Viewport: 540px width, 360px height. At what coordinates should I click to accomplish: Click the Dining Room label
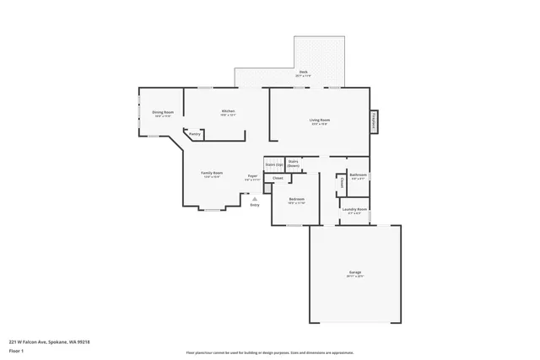coord(163,112)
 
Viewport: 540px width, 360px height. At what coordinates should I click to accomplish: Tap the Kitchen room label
coord(228,111)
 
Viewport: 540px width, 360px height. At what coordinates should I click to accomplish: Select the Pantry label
coord(194,133)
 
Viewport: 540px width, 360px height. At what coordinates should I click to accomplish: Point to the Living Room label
coord(319,121)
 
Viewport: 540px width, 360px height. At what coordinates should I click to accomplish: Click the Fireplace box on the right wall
coord(374,122)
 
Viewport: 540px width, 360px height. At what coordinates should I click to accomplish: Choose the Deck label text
coord(303,73)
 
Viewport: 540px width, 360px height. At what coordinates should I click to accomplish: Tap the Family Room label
coord(211,173)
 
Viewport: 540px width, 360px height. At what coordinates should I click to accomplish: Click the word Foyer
coord(252,176)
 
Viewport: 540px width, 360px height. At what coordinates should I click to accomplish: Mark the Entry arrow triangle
coord(255,199)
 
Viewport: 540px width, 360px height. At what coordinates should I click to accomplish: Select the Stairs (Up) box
coord(273,164)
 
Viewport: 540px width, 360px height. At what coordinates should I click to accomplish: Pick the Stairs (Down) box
coord(294,163)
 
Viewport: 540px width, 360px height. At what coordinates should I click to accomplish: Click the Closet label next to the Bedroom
coord(278,178)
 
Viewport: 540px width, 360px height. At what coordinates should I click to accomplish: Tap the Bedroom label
coord(296,200)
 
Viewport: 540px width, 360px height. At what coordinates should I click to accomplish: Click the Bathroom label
coord(357,175)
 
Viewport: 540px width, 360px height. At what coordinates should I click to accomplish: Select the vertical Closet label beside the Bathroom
coord(342,181)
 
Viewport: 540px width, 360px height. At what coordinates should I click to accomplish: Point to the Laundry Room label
coord(354,209)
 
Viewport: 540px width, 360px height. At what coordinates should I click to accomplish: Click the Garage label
coord(355,272)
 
